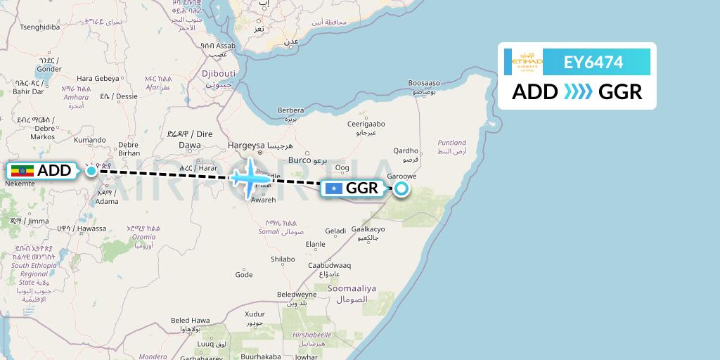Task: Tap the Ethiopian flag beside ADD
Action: pyautogui.click(x=22, y=171)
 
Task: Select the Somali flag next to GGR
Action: pyautogui.click(x=333, y=188)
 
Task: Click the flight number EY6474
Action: pyautogui.click(x=593, y=63)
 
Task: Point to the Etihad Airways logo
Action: pyautogui.click(x=528, y=63)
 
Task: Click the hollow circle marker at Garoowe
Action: pyautogui.click(x=401, y=188)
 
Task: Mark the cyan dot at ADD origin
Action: pyautogui.click(x=91, y=171)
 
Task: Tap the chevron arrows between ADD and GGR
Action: pyautogui.click(x=578, y=92)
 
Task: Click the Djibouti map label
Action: pyautogui.click(x=198, y=73)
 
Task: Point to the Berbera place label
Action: pyautogui.click(x=291, y=110)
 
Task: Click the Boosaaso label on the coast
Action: pyautogui.click(x=423, y=83)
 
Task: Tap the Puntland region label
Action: pyautogui.click(x=451, y=143)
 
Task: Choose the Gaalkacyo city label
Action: pyautogui.click(x=368, y=229)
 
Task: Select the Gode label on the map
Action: pyautogui.click(x=243, y=275)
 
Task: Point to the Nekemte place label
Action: pyautogui.click(x=19, y=184)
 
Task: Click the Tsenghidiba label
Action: pyautogui.click(x=40, y=27)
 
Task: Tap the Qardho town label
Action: pyautogui.click(x=406, y=150)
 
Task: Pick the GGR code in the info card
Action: pyautogui.click(x=620, y=92)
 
